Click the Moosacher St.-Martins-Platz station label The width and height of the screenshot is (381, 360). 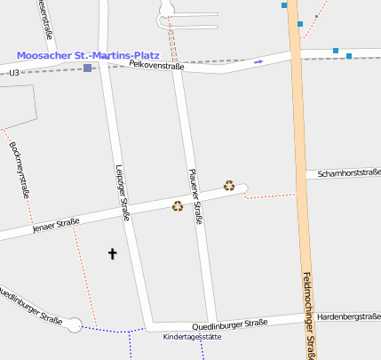(88, 55)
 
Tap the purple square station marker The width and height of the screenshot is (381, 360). (87, 68)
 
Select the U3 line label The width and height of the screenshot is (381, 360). (13, 72)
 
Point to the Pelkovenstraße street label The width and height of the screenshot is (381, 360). (155, 66)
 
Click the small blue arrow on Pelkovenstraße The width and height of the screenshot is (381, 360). (258, 61)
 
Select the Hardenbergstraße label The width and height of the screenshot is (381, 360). (349, 316)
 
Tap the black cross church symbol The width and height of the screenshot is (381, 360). (113, 254)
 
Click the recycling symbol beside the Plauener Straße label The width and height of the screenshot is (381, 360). (178, 206)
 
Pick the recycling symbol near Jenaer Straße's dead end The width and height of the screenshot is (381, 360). (229, 185)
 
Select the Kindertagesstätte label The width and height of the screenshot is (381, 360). (192, 337)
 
